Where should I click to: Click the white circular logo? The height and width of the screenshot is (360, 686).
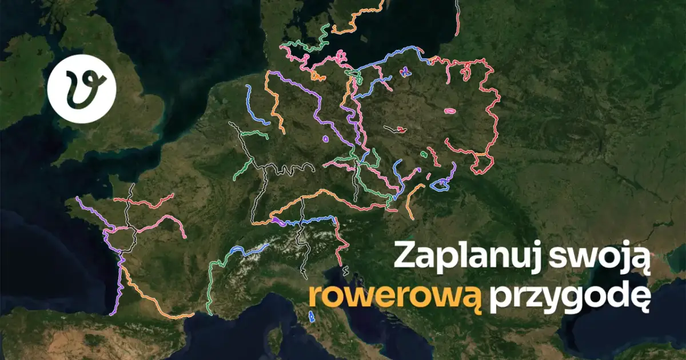[82, 90]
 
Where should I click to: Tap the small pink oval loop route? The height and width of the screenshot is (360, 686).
[449, 111]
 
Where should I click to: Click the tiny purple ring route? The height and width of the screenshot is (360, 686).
[325, 138]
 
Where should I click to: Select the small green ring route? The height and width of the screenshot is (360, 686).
[424, 154]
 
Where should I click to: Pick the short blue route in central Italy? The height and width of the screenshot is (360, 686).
[312, 315]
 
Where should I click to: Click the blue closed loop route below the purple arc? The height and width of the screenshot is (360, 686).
[440, 184]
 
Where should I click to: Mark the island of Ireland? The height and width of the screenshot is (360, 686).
[23, 74]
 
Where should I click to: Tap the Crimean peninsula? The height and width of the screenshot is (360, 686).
[657, 286]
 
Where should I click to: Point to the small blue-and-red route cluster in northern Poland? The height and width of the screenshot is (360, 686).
[405, 71]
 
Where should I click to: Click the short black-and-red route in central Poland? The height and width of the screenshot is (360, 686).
[396, 129]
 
